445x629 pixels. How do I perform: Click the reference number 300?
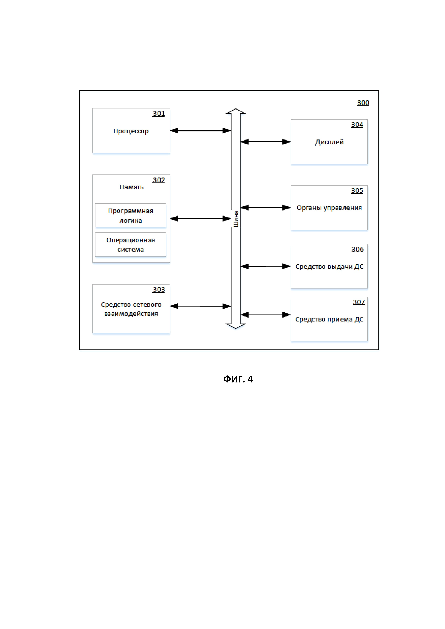pos(363,103)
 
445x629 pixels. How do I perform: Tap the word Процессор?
pos(131,131)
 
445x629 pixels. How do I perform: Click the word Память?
pos(131,187)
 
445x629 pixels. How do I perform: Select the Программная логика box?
pos(130,215)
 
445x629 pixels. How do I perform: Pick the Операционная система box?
pos(130,244)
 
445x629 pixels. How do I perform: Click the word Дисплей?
pos(329,142)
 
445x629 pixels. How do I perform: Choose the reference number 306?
pos(357,249)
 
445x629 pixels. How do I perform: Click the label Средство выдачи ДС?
pos(329,267)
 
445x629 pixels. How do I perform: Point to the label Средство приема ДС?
pos(329,320)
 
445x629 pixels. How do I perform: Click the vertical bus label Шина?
pos(236,219)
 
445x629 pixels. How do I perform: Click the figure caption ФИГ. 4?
pos(238,379)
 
